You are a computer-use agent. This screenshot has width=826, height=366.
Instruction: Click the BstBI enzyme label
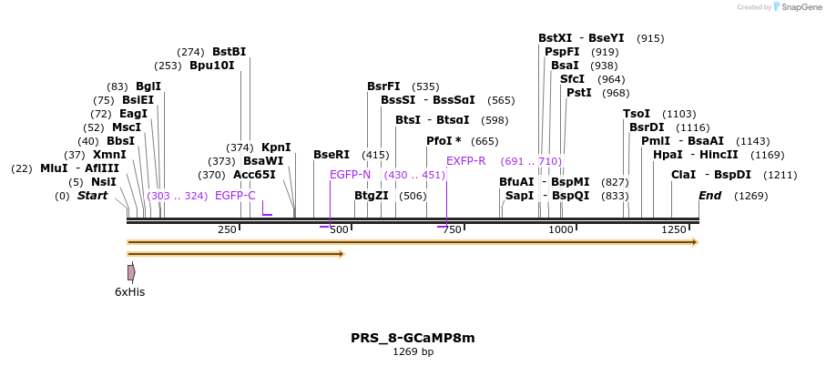(229, 52)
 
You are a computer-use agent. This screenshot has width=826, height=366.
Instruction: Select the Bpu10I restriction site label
(211, 66)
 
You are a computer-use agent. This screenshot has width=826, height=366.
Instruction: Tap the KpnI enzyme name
(276, 147)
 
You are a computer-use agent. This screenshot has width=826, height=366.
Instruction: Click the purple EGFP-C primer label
(235, 196)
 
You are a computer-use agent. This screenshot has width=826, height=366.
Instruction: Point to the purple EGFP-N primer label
(350, 175)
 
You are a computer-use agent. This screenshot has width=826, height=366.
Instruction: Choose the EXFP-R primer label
(465, 161)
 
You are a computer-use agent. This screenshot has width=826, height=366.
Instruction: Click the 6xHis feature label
(129, 292)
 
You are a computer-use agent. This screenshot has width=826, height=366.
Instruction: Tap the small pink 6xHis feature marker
(131, 272)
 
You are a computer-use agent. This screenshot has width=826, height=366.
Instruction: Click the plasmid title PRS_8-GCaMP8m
(413, 338)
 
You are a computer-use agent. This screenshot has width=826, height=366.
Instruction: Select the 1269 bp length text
(413, 351)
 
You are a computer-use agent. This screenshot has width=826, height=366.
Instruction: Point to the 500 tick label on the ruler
(339, 229)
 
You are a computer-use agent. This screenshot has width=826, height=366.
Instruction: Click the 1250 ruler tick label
(674, 229)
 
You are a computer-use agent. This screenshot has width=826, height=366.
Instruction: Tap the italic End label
(709, 196)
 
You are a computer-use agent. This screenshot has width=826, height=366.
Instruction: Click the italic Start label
(92, 196)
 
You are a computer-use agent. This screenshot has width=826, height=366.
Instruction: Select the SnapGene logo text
(798, 7)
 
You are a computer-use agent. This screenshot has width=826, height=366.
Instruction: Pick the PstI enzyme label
(579, 93)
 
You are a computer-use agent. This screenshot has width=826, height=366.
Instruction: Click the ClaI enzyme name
(683, 175)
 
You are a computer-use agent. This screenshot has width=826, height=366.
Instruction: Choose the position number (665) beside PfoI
(484, 141)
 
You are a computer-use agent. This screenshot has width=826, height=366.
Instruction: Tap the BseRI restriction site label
(331, 155)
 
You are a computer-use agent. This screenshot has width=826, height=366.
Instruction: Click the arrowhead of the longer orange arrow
(694, 242)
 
